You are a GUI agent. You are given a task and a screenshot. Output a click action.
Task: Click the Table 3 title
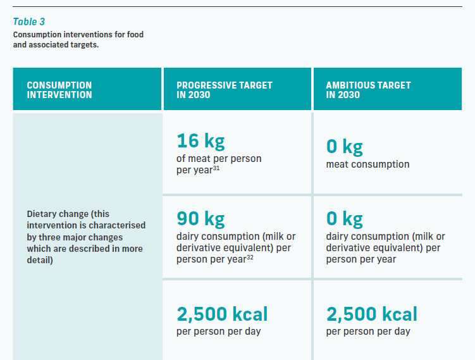tap(29, 22)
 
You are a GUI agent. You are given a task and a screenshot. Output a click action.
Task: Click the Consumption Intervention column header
tap(59, 90)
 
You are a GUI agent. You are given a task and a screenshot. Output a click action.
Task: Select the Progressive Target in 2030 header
tap(225, 90)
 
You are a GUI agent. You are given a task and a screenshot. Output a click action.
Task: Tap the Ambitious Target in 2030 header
tap(368, 90)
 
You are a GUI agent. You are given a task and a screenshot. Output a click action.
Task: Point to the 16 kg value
tap(200, 141)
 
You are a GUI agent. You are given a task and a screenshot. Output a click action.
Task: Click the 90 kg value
tap(200, 219)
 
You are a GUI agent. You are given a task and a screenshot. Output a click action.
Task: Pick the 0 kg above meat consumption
tap(345, 147)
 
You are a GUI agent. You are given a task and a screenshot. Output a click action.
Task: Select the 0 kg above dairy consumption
tap(345, 219)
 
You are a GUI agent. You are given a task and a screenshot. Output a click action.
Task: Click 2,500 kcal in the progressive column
tap(222, 314)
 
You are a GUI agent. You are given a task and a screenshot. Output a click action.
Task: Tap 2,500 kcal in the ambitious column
tap(372, 314)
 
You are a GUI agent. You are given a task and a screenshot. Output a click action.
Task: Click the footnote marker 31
tap(216, 168)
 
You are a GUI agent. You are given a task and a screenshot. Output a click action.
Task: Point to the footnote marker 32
tap(250, 258)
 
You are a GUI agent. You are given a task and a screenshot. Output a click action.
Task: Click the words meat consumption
tap(367, 164)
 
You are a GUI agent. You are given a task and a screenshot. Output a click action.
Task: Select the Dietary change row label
tap(86, 237)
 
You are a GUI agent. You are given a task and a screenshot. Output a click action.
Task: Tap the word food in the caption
tap(135, 34)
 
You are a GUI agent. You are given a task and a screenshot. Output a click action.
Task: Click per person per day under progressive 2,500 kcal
tap(218, 332)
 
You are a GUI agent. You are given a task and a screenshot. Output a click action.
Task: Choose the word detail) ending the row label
tap(40, 260)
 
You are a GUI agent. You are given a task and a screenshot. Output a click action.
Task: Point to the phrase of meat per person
tap(219, 159)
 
